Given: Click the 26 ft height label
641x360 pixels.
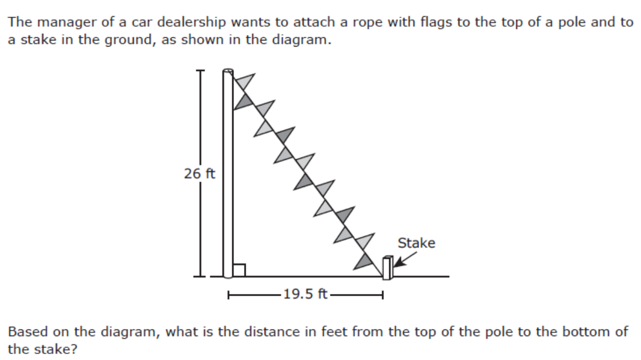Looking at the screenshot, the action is pos(200,174).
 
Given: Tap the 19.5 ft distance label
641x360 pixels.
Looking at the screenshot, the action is pos(306,294).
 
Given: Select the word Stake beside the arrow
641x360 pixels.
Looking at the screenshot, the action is pos(416,243).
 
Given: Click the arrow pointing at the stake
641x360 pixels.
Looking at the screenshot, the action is pos(405,260).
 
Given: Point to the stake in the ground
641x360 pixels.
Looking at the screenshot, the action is pos(388,268).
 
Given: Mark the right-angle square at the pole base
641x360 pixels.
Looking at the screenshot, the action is pos(239,270).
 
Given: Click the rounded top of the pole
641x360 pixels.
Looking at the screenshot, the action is pos(228,72).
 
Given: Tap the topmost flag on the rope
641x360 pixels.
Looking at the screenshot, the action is pos(243,82).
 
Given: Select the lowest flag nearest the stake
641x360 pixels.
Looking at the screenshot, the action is pos(363,261).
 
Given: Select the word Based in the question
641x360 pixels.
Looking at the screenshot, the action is pos(27,331).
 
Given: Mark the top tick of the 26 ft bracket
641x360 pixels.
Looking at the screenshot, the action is pos(200,71).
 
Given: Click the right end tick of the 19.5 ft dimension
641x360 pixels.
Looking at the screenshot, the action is pos(383,295).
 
